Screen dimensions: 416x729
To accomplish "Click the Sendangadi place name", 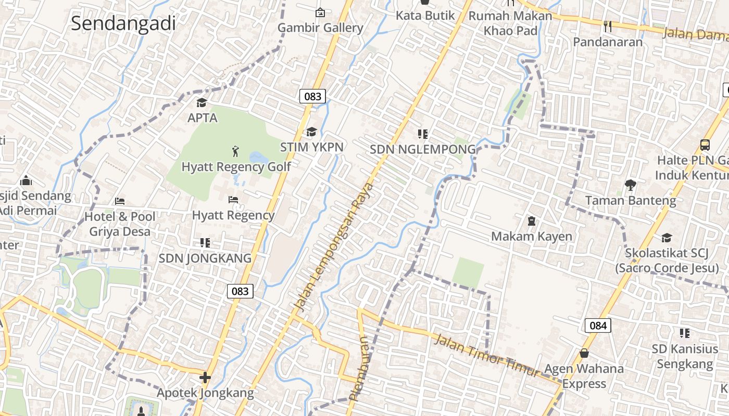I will coord(123,23).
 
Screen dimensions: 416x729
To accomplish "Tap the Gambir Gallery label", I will coord(320,28).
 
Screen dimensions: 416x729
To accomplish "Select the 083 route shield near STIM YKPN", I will coord(312,96).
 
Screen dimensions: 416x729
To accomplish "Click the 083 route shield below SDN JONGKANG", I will coord(240,291).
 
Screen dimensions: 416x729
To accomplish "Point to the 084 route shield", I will coord(598,326).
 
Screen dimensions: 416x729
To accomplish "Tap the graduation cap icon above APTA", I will coord(202,102).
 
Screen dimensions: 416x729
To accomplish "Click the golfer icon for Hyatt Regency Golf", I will coord(236,151).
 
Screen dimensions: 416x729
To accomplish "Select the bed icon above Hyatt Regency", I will coord(233,200).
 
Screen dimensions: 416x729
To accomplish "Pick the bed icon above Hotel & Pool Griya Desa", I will coord(120,201).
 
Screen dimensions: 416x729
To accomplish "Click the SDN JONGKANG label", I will coord(205,258).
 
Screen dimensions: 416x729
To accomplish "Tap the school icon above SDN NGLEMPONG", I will coord(423,134).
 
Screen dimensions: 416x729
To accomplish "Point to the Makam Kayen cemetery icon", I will coord(532,222).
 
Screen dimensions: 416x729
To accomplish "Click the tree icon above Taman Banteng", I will coord(631,185).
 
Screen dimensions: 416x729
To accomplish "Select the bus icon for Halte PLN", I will coord(705,145).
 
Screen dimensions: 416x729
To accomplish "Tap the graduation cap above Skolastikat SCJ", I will coord(667,238).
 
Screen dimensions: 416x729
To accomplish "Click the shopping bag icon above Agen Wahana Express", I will coord(584,353).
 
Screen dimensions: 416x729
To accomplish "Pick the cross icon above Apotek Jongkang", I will coord(205,377).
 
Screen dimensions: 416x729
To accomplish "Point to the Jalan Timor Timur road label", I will coord(487,356).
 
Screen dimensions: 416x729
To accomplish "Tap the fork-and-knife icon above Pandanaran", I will coord(608,26).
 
